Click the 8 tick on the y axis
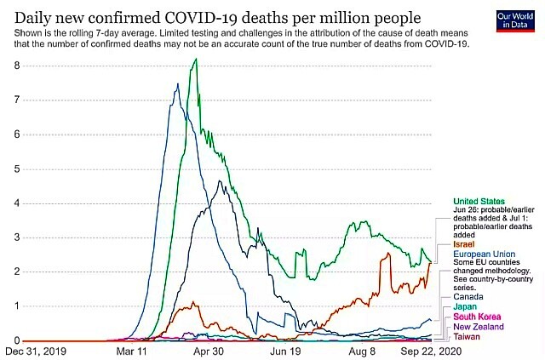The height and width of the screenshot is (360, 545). pos(17,65)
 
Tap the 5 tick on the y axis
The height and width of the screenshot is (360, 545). pos(17,169)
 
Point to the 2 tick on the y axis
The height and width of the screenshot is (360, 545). pos(17,272)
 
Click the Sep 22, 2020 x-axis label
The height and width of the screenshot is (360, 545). pos(423,351)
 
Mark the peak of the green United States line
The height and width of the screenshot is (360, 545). pos(197,59)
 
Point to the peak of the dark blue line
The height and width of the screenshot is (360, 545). pos(176,83)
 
